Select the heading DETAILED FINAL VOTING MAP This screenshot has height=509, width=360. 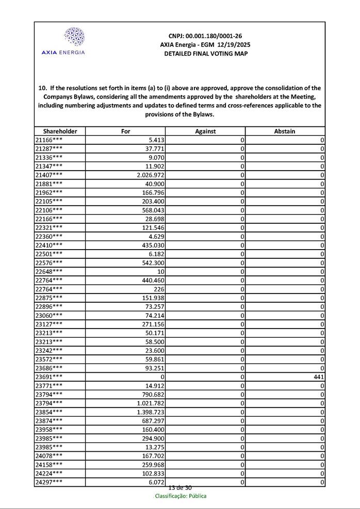[x=205, y=54]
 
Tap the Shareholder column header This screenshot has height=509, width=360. [x=60, y=132]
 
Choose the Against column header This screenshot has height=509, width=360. [x=205, y=132]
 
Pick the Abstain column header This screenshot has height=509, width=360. [x=285, y=132]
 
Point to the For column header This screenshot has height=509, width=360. [x=125, y=132]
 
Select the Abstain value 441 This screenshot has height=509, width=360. [x=319, y=377]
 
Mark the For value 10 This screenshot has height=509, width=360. [x=161, y=271]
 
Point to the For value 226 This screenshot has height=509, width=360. [x=159, y=289]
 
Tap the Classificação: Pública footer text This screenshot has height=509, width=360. [x=181, y=496]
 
